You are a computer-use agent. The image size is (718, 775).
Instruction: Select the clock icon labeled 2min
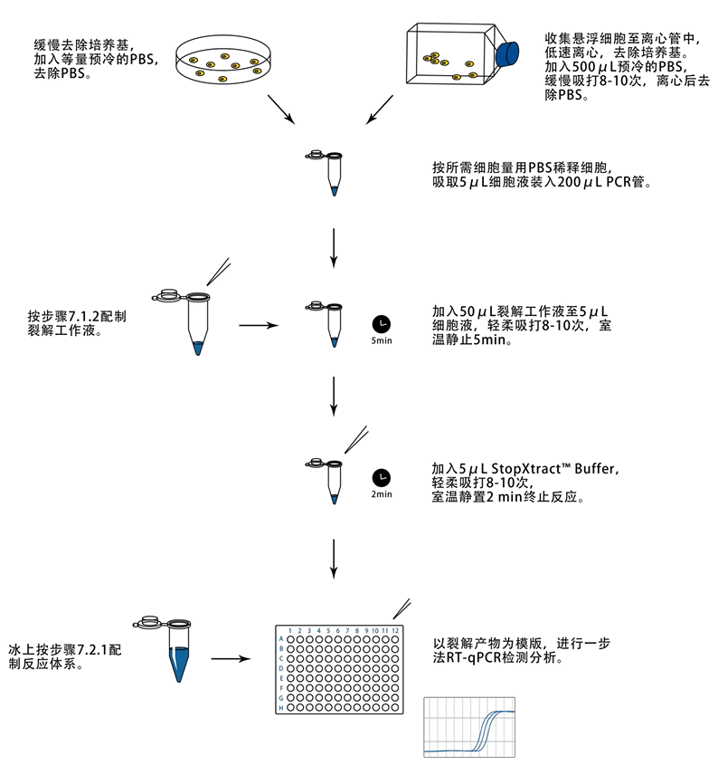382,477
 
